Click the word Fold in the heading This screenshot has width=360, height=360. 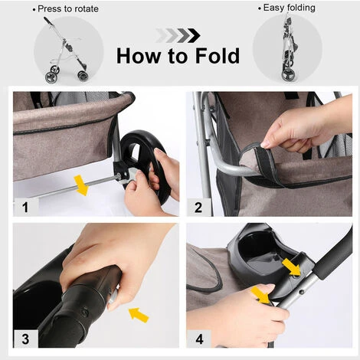(218, 56)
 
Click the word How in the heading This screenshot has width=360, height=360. (138, 56)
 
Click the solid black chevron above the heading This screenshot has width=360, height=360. (194, 36)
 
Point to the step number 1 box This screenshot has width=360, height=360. (26, 207)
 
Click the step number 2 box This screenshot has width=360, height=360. (198, 207)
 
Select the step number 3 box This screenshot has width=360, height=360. (26, 339)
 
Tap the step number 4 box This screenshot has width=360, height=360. (199, 339)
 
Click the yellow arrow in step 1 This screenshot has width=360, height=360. (81, 185)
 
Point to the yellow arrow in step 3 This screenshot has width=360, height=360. (139, 315)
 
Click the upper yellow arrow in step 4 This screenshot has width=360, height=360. (292, 267)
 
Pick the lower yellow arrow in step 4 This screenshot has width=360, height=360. (260, 296)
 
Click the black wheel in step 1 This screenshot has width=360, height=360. (143, 163)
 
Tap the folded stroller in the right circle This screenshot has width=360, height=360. (288, 48)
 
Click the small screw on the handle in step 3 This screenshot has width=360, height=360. (84, 312)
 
